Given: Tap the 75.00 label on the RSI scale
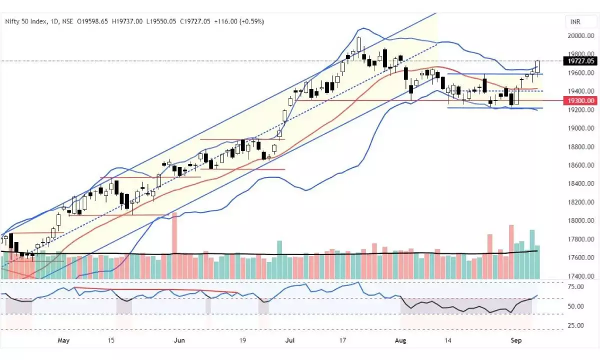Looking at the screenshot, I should coord(576,287).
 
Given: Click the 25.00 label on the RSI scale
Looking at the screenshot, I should coord(576,325).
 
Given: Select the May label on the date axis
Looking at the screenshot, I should coord(63,340).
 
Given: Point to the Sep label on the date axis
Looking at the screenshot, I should coord(516,340).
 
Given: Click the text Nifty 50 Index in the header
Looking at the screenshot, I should coord(26,21).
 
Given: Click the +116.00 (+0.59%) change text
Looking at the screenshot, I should coord(238,21).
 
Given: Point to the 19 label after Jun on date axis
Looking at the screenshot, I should coord(242,340).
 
